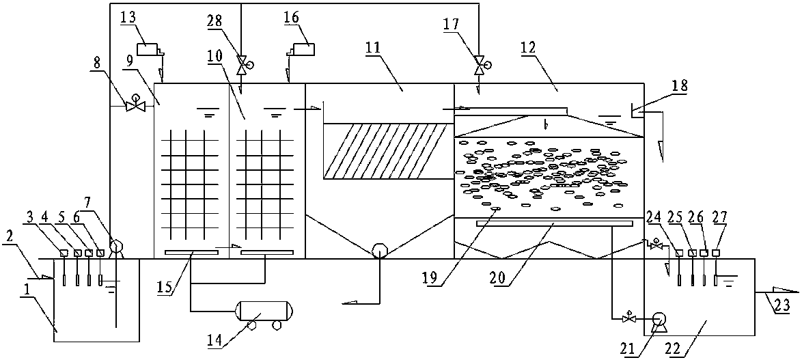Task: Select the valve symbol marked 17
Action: click(479, 66)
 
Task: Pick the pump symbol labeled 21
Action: click(659, 319)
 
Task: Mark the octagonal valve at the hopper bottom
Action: click(379, 251)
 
